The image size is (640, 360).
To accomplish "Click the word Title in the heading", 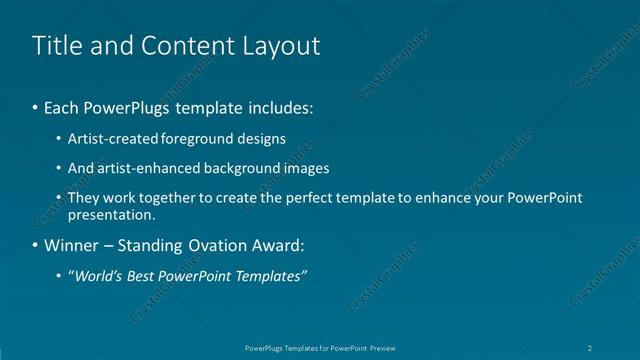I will tap(54, 46).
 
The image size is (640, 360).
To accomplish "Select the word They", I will tap(84, 198).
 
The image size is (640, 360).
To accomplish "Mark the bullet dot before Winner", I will tap(36, 245).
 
